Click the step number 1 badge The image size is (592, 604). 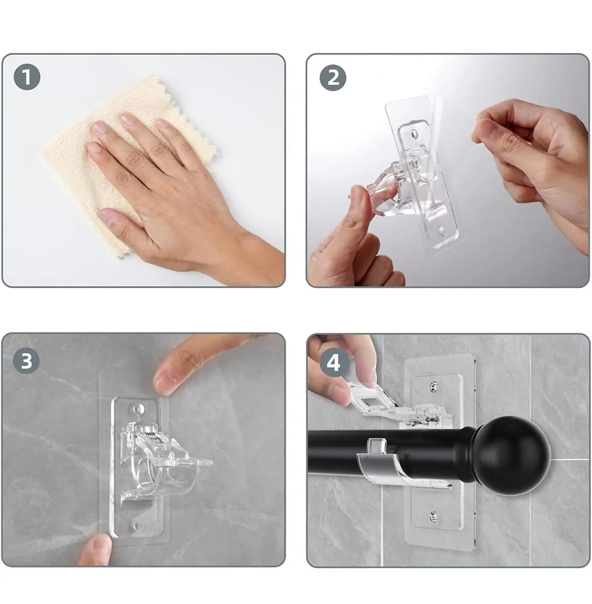pos(27,77)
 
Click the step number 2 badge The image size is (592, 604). pos(333,77)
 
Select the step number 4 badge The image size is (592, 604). pos(333,364)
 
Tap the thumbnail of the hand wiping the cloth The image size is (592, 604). pos(144,170)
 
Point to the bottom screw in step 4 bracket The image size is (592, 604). pos(434,515)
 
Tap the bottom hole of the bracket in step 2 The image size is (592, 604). pos(442,232)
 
